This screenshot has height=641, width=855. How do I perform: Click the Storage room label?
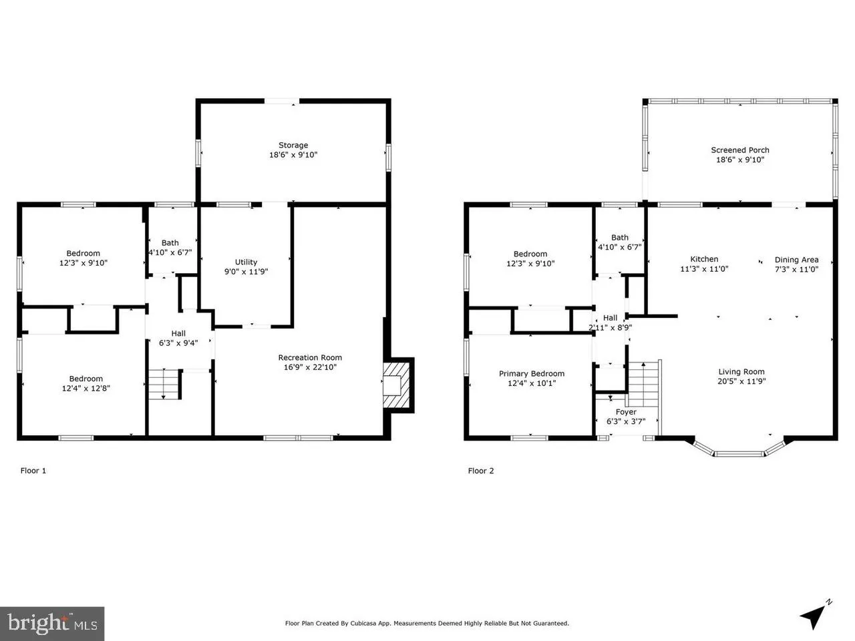coord(293,146)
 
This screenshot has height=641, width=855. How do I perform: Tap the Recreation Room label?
coord(310,358)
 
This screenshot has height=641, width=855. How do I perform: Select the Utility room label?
coord(246,262)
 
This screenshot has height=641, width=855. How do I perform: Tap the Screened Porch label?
coord(740,150)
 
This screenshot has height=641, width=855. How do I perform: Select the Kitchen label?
coord(704,260)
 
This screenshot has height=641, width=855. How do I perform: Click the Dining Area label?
coord(796,260)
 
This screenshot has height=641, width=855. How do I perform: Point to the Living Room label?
coord(741,372)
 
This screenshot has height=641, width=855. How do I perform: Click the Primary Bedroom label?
coord(532,374)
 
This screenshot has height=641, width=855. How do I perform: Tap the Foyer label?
coord(626,412)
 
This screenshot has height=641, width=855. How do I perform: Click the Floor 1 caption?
coord(33,471)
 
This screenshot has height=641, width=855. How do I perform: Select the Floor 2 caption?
coord(481,471)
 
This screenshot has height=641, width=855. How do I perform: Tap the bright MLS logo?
coord(51,624)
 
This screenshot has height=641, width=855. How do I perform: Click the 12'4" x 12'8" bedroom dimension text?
coord(86,388)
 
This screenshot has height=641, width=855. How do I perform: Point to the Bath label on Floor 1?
coord(170,243)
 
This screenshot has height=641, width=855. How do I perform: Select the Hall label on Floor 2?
coord(610,318)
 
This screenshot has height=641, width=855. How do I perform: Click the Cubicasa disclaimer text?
coord(427,624)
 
